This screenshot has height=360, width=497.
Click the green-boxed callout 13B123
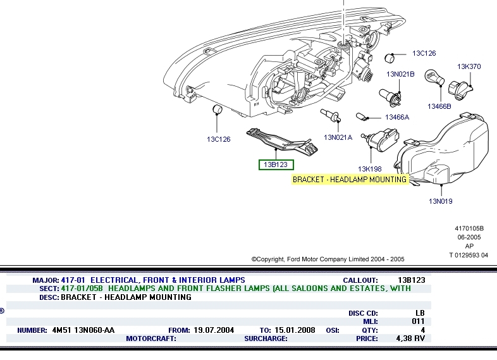point(276,164)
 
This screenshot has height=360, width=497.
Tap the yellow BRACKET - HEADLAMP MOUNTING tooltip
point(350,180)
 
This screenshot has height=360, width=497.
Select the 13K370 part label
point(469,66)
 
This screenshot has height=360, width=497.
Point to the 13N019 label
point(441,201)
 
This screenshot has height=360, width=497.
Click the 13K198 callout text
point(369,169)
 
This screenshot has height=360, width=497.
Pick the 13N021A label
point(338,137)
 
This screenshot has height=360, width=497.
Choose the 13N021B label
point(400,74)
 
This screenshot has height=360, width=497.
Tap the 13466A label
point(397,117)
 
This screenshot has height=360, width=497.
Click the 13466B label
point(439,106)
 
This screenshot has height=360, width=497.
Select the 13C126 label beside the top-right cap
point(424,54)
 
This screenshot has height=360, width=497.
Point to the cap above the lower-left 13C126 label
point(216,112)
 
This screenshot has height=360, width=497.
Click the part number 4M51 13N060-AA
point(83,330)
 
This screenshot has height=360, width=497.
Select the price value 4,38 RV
point(410,338)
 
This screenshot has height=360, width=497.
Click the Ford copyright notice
point(328,259)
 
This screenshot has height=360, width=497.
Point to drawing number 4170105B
point(469,228)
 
